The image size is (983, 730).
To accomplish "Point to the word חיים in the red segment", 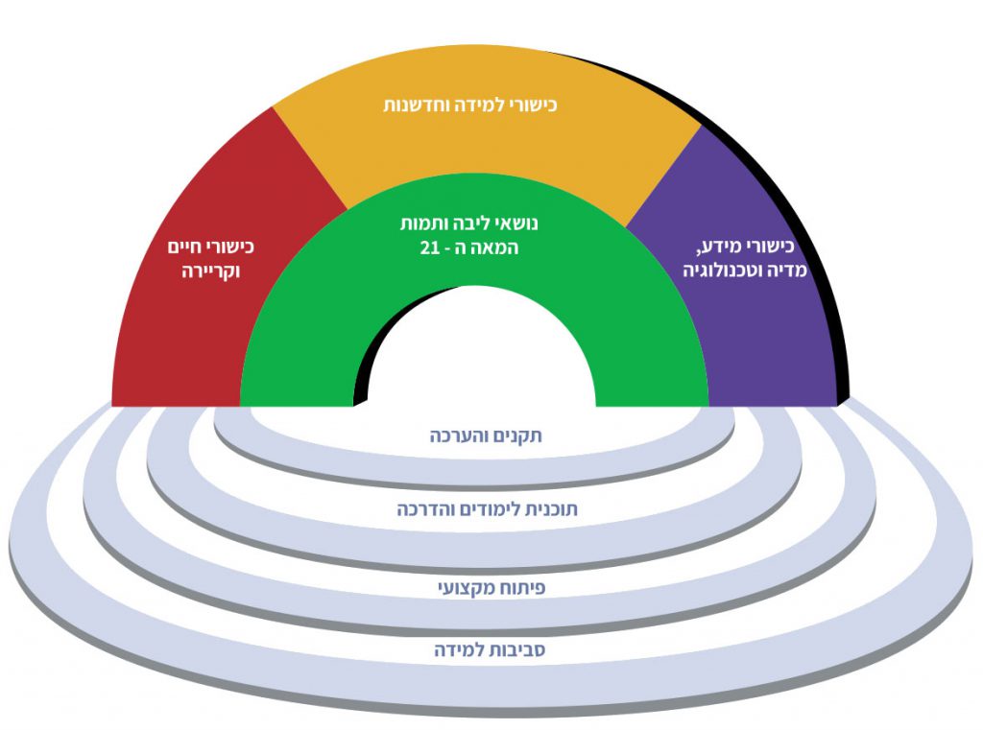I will click(x=186, y=247).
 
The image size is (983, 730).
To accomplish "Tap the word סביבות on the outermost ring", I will click(x=506, y=650).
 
